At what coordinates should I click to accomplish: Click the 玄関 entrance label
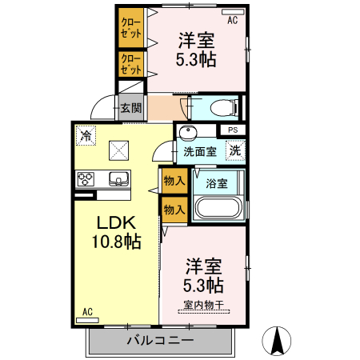pyautogui.click(x=131, y=108)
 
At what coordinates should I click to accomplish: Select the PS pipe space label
pyautogui.click(x=233, y=130)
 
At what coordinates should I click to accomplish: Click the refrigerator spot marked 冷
pyautogui.click(x=86, y=137)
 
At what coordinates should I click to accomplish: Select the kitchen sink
pyautogui.click(x=117, y=178)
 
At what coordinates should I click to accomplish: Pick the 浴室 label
pyautogui.click(x=217, y=183)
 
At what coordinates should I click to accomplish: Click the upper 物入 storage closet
pyautogui.click(x=174, y=181)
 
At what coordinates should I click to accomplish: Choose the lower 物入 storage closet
pyautogui.click(x=174, y=209)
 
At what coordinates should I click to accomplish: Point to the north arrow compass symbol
pyautogui.click(x=278, y=342)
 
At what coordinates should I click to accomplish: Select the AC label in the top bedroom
pyautogui.click(x=233, y=21)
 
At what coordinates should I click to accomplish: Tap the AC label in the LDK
pyautogui.click(x=88, y=312)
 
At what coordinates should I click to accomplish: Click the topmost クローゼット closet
pyautogui.click(x=130, y=28)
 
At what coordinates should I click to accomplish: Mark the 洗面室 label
pyautogui.click(x=199, y=150)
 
